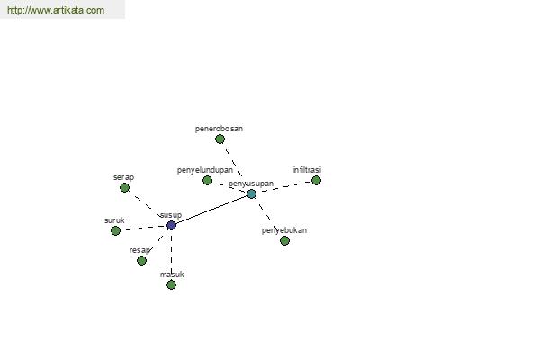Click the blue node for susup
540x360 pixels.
[171, 225]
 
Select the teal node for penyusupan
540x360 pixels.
[252, 194]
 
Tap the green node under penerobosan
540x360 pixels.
[220, 139]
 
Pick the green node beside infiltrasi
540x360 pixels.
[316, 180]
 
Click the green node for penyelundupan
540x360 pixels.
[207, 180]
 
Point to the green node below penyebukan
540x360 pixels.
[284, 240]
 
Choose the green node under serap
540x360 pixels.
[125, 187]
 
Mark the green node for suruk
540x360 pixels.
[116, 230]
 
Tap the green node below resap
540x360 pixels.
[141, 260]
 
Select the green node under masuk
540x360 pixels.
[171, 284]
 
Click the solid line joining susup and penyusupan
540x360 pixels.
[211, 210]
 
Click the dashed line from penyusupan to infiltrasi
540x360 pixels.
[284, 187]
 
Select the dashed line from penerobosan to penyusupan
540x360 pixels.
[236, 166]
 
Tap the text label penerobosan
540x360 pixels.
[219, 129]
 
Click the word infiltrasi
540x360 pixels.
[307, 170]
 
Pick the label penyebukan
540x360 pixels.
[284, 230]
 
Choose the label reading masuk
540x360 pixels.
[172, 274]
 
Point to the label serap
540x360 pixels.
[123, 177]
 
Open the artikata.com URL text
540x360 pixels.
[56, 10]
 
